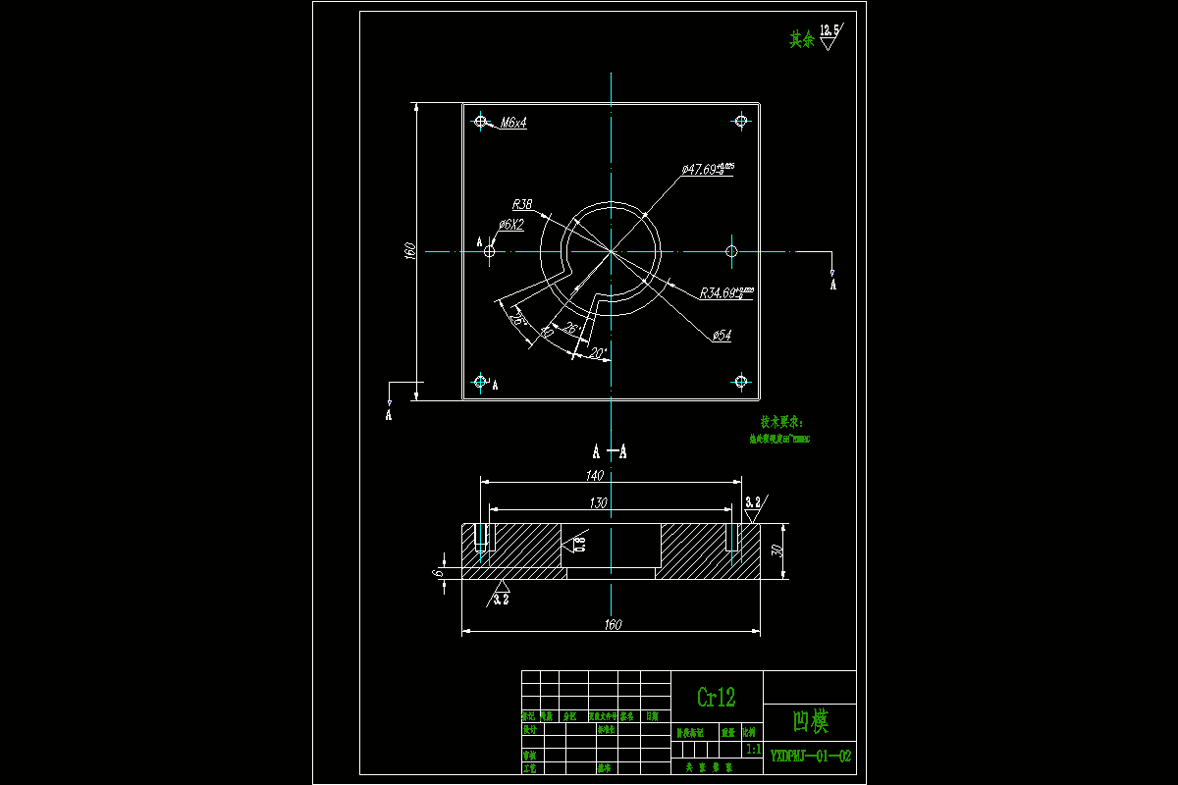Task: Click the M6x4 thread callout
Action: tap(513, 123)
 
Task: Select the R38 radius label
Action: tap(522, 204)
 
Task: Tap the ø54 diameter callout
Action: tap(722, 336)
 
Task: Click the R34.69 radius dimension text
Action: tap(725, 292)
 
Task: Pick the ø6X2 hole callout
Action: tap(510, 225)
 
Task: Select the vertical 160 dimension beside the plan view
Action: tap(411, 251)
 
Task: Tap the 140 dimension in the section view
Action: tap(594, 475)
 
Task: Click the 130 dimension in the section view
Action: tap(598, 502)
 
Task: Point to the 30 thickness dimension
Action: tap(776, 550)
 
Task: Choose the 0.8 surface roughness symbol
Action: tap(579, 543)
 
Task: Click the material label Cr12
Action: tap(716, 697)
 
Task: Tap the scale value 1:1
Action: tap(753, 749)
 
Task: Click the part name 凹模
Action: tap(810, 723)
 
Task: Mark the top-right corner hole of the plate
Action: tap(741, 121)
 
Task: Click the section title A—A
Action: tap(609, 452)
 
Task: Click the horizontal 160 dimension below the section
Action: tap(613, 624)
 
